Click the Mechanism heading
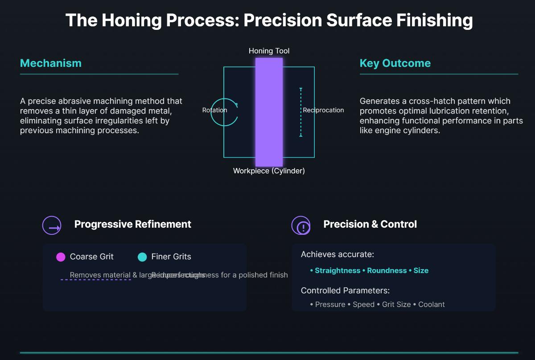[51, 63]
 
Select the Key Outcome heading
[395, 63]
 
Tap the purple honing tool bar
[269, 111]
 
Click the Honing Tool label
[269, 51]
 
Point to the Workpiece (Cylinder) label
[269, 171]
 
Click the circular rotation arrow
[224, 112]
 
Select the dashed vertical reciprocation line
[301, 112]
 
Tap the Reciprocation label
[323, 110]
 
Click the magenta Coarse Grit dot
[61, 257]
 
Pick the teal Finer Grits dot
[142, 257]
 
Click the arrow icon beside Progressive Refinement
[52, 225]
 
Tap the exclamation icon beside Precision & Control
[301, 225]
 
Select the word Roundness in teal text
[387, 270]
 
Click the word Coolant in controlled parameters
[431, 304]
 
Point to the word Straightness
[337, 270]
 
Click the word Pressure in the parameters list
[330, 304]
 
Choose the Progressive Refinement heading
[132, 224]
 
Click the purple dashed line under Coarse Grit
[95, 280]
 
